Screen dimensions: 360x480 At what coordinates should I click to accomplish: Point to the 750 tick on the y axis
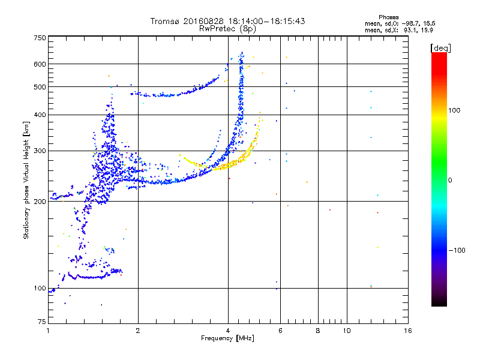[x=40, y=38]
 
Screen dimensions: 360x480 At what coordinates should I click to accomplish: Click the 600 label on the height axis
[x=40, y=64]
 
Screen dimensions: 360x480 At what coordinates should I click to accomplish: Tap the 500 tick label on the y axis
[x=40, y=86]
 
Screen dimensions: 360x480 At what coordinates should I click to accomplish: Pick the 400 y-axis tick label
[x=40, y=115]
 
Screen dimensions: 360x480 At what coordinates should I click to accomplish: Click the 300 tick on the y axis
[x=40, y=151]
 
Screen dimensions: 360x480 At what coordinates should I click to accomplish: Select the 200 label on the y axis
[x=40, y=201]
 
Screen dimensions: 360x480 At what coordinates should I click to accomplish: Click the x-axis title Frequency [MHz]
[x=227, y=339]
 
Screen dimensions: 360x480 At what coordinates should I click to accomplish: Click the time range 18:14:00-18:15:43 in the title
[x=266, y=21]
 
